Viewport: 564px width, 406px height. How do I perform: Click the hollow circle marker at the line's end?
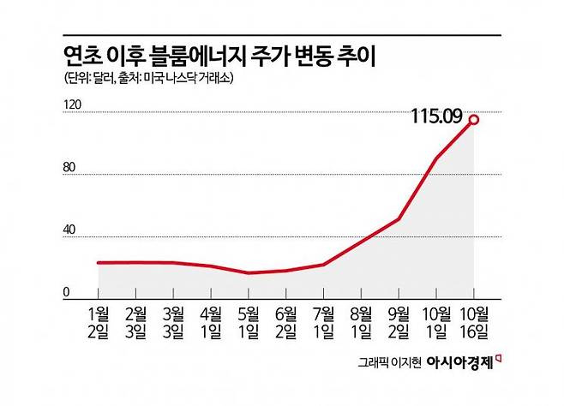tap(473, 119)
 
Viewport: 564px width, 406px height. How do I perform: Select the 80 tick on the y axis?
tap(71, 168)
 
